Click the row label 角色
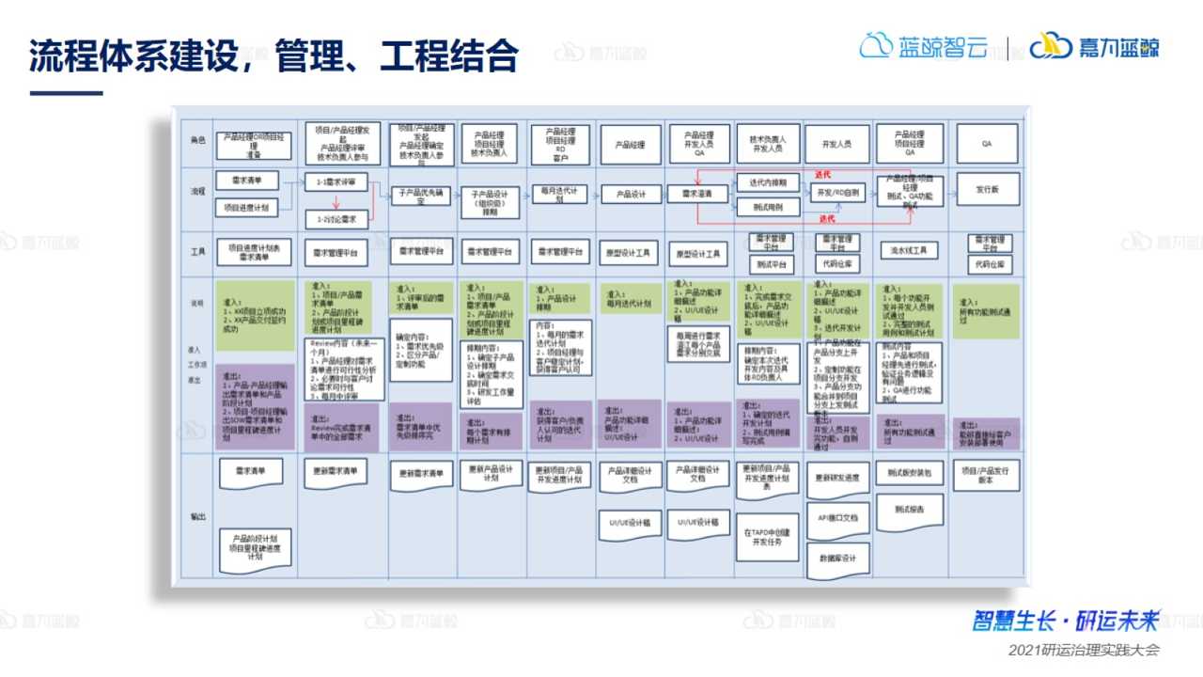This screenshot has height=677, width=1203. click(x=197, y=140)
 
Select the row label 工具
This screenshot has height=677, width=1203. click(x=197, y=251)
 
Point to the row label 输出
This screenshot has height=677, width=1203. click(x=197, y=516)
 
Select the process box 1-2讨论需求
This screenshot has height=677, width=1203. click(x=336, y=219)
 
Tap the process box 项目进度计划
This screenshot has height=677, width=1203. click(x=247, y=208)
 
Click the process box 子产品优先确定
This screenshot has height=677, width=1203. click(x=420, y=196)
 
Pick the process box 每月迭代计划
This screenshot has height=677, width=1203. click(x=559, y=195)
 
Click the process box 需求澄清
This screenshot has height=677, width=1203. click(x=696, y=195)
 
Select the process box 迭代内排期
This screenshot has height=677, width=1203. click(x=768, y=182)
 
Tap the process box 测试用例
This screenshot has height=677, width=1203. click(x=768, y=207)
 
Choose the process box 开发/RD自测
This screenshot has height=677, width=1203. click(x=836, y=193)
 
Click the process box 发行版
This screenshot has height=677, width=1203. click(x=987, y=189)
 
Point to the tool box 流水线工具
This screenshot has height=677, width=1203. click(x=908, y=250)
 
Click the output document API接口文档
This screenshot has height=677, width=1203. click(x=836, y=517)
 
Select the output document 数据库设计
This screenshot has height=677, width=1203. click(x=836, y=558)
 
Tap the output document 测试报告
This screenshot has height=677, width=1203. click(x=908, y=509)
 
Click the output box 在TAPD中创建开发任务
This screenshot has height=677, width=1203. click(x=768, y=536)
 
